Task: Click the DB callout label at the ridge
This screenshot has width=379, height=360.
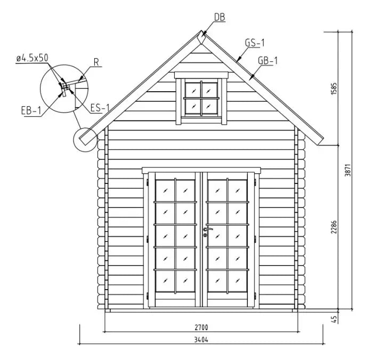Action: (x=220, y=18)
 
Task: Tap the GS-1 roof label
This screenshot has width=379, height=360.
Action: (x=255, y=43)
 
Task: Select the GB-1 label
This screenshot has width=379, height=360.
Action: (x=268, y=61)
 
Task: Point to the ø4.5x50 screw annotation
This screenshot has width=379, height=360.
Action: (x=33, y=58)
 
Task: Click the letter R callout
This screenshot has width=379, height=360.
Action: (x=96, y=62)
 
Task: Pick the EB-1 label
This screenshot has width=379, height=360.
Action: (x=31, y=111)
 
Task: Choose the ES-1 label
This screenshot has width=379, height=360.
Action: (x=100, y=108)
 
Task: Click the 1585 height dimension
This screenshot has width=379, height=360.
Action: (x=334, y=89)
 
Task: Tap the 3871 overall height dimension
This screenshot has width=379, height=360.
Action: (x=348, y=170)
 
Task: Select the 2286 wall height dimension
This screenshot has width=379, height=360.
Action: (x=334, y=227)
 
